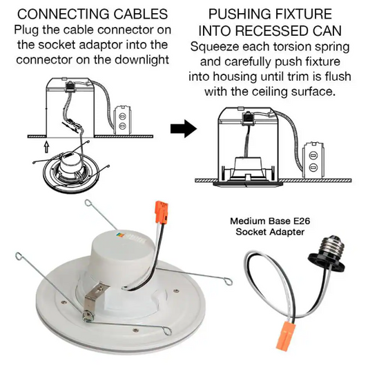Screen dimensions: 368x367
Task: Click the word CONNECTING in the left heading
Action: click(x=64, y=14)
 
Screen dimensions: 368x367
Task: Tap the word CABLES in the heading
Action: click(x=141, y=14)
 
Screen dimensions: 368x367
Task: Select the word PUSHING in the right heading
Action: click(x=239, y=14)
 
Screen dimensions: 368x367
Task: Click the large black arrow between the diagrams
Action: click(x=184, y=128)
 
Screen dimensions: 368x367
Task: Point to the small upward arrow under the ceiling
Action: click(x=47, y=147)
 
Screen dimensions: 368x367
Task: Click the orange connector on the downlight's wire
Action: click(x=162, y=212)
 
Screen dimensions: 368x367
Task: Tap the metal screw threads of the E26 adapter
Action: click(x=333, y=246)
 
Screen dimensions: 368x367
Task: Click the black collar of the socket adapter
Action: click(x=327, y=262)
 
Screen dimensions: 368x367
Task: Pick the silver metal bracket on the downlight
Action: click(x=95, y=299)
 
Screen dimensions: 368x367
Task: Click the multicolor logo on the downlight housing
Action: click(x=120, y=235)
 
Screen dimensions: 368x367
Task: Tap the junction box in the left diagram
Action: click(x=122, y=120)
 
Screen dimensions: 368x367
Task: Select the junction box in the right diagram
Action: click(x=313, y=160)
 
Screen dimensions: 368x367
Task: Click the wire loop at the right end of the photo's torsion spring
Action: click(x=228, y=281)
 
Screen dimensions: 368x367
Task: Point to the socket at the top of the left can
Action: click(x=70, y=86)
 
